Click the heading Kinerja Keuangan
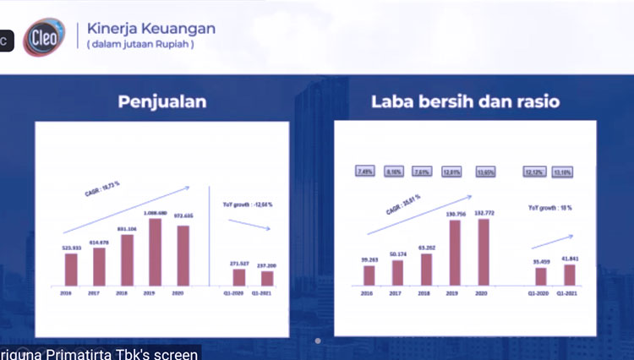click(x=151, y=29)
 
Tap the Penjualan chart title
click(x=161, y=102)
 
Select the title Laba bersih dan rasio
click(x=464, y=102)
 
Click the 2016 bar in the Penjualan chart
click(x=71, y=269)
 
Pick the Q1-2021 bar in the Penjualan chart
click(x=267, y=278)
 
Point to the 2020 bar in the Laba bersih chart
click(x=484, y=253)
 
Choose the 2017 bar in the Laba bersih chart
click(x=396, y=272)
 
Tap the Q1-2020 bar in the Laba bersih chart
click(x=540, y=276)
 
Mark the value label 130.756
click(x=455, y=214)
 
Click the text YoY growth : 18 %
click(x=550, y=207)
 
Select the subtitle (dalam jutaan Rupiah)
click(x=140, y=45)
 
